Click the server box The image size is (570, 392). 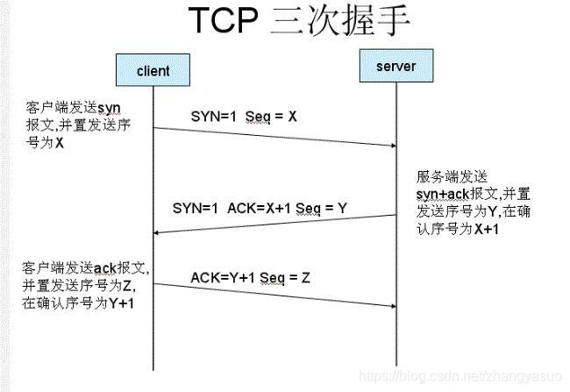pos(395,67)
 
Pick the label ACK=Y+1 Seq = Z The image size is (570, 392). pos(251,278)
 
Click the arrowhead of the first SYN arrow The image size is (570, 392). pos(390,146)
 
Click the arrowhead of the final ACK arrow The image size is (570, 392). pos(390,305)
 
